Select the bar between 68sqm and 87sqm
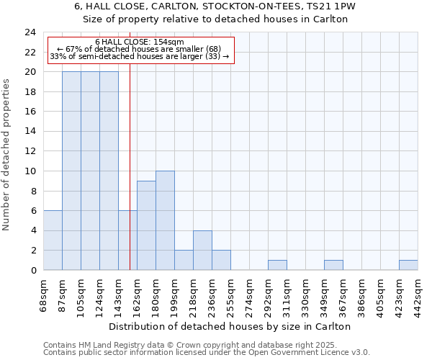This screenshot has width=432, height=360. click(x=53, y=240)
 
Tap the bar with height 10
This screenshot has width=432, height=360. click(x=165, y=220)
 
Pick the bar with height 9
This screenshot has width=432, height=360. click(x=146, y=225)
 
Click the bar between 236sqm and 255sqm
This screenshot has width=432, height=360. click(x=221, y=260)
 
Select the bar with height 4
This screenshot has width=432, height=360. click(x=202, y=250)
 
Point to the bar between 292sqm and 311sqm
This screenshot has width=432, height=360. click(x=277, y=265)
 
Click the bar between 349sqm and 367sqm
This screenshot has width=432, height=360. click(x=333, y=265)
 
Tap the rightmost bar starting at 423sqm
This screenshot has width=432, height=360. click(x=408, y=265)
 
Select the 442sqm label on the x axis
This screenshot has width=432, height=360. click(x=418, y=293)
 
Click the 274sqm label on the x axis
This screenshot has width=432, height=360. click(x=250, y=293)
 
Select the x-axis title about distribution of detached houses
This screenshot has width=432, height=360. click(x=230, y=326)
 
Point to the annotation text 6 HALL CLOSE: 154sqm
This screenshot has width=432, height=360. click(x=140, y=42)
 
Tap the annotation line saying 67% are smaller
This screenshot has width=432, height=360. click(x=140, y=49)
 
